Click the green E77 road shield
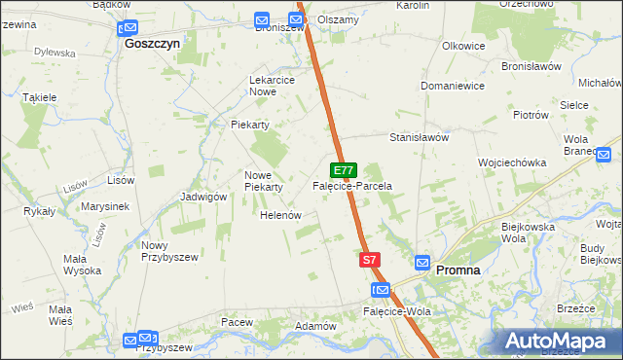(343, 169)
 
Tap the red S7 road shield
(369, 260)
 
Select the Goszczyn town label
(153, 44)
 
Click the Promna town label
(458, 270)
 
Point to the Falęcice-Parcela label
(351, 185)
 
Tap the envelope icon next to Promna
(422, 263)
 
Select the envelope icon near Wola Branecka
(604, 154)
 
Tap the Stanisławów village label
(419, 138)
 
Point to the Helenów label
(279, 215)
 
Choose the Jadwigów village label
(203, 196)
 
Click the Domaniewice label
(453, 86)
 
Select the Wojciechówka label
(511, 162)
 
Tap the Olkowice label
(463, 46)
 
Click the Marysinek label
(106, 207)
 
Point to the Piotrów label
(531, 114)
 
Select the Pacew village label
(237, 321)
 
